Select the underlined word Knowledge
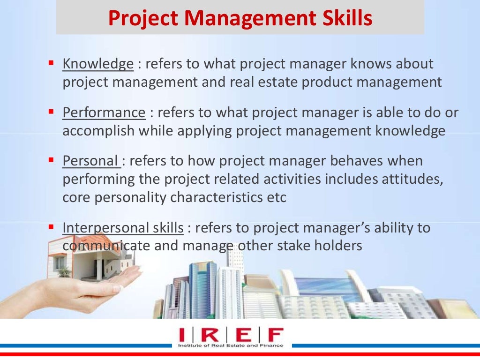(98, 64)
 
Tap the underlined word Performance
(104, 112)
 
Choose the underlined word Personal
(90, 161)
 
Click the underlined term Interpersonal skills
(123, 228)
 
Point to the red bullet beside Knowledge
(52, 62)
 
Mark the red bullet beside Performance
(52, 111)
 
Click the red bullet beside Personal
(52, 159)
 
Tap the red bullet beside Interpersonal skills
(52, 226)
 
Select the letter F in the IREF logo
(275, 335)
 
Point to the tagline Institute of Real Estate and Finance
(231, 345)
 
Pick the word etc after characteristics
(274, 198)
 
